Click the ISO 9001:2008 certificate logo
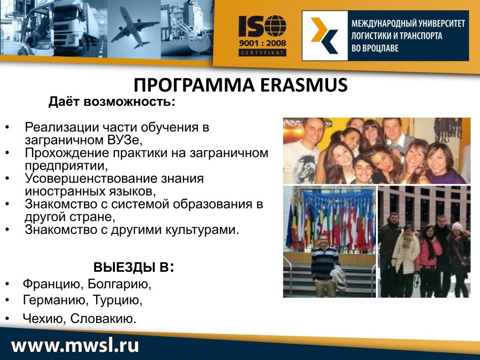[x=262, y=36]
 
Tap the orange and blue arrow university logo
[x=324, y=36]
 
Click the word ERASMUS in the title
[x=304, y=85]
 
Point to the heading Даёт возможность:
[x=112, y=102]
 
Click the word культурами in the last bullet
[x=202, y=230]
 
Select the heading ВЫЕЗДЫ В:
[x=134, y=267]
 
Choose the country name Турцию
[x=117, y=300]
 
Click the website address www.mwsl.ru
[x=75, y=345]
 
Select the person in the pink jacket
[x=429, y=261]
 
